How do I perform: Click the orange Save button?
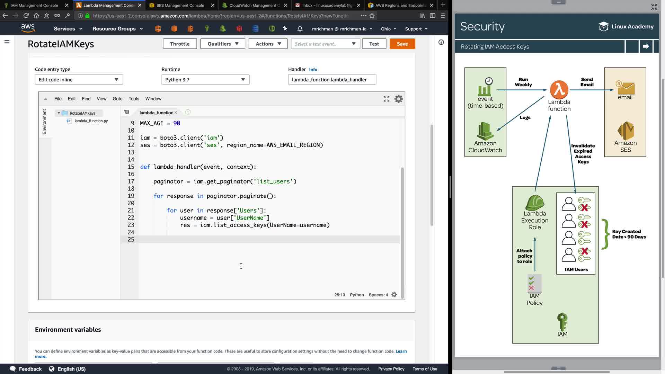[402, 44]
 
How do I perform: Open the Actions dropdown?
[268, 44]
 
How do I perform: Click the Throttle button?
[180, 44]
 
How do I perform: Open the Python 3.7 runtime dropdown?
[205, 80]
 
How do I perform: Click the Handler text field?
[332, 80]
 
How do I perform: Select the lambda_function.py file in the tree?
[91, 121]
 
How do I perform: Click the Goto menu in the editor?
[117, 99]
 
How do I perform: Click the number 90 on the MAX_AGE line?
[177, 123]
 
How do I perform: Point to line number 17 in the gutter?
[131, 181]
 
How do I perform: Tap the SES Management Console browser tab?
[180, 5]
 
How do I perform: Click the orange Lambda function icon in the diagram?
[559, 89]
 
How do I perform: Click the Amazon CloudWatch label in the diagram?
[485, 146]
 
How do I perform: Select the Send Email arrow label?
[587, 82]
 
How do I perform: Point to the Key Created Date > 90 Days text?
[629, 234]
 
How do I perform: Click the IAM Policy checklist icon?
[534, 283]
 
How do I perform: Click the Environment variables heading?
[68, 330]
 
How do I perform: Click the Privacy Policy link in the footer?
[391, 369]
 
